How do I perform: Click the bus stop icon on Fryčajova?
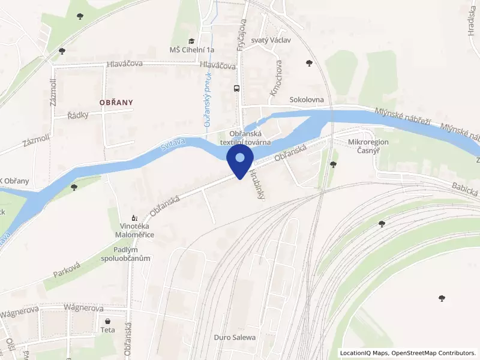pyautogui.click(x=237, y=88)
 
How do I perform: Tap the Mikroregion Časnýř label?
pyautogui.click(x=368, y=147)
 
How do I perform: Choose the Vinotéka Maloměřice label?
pyautogui.click(x=136, y=231)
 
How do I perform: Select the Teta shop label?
pyautogui.click(x=108, y=330)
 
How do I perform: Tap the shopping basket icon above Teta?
pyautogui.click(x=108, y=321)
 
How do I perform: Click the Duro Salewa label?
pyautogui.click(x=235, y=337)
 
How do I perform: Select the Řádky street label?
pyautogui.click(x=78, y=115)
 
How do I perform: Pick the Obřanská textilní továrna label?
pyautogui.click(x=245, y=137)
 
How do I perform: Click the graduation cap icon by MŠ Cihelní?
pyautogui.click(x=191, y=41)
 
